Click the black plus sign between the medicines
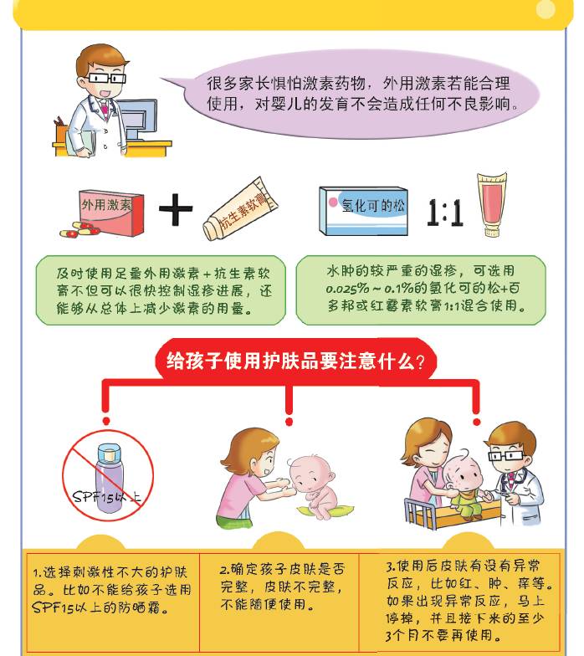(x=175, y=210)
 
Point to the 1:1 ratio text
(x=444, y=211)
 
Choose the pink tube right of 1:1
(x=491, y=205)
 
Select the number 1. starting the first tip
(x=37, y=573)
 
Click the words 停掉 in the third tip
(x=403, y=618)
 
